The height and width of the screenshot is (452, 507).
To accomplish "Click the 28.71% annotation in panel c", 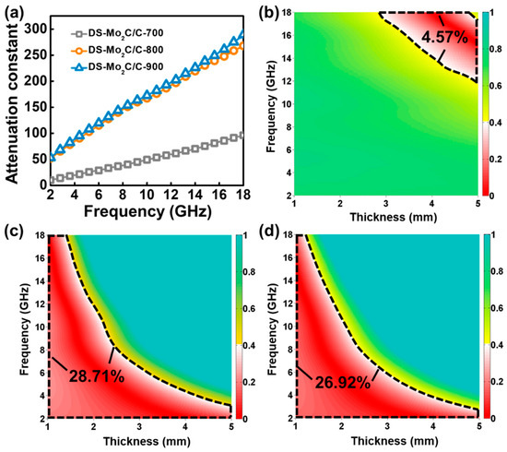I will tap(95, 377).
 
